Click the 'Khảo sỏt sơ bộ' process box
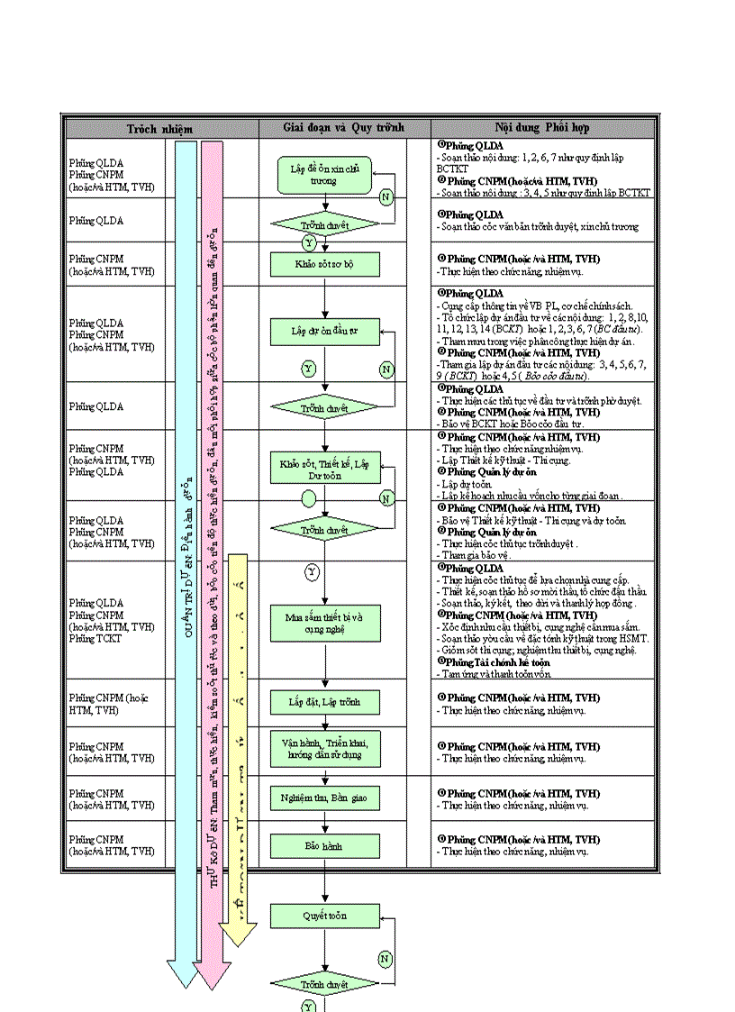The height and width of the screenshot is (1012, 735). point(325,264)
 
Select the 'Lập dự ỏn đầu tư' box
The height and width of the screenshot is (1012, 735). point(325,332)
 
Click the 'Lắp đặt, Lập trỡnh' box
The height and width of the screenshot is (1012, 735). point(325,702)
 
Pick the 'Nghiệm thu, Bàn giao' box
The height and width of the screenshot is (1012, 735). point(325,798)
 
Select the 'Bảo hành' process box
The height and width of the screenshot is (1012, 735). point(325,846)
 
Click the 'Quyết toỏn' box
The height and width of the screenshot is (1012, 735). point(325,916)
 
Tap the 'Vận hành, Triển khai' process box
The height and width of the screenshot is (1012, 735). point(325,746)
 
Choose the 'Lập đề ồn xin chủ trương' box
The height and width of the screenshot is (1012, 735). point(325,175)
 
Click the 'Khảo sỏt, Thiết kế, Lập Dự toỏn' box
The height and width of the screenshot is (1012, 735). point(325,469)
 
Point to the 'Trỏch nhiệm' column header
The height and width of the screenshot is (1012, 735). point(159,128)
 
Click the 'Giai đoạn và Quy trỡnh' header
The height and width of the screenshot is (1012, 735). point(343,128)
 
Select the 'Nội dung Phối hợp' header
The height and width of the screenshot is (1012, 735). point(543,128)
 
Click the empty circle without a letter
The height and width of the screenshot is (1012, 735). point(309,497)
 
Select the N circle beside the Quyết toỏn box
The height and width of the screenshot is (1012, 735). point(386,959)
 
